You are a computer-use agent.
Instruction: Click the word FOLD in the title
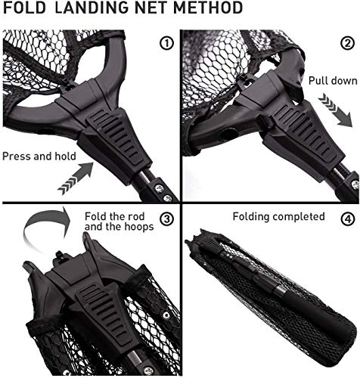tap(23, 9)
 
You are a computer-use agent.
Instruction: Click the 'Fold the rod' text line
tap(107, 215)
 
